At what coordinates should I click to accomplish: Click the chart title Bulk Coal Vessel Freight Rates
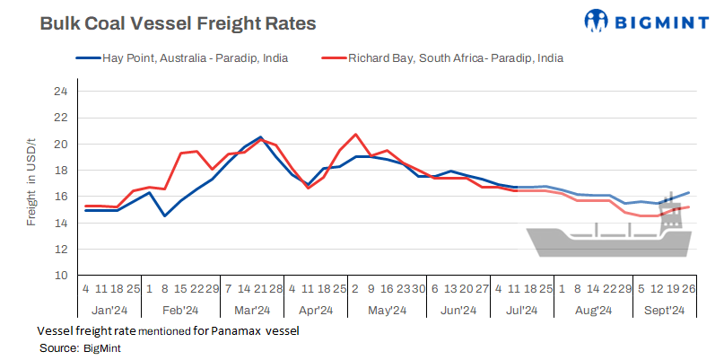point(178,24)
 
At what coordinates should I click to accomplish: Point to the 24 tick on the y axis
point(61,92)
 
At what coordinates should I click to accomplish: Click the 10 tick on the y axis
point(61,276)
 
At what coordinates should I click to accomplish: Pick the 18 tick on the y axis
point(61,171)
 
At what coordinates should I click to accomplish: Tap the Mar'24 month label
point(252,311)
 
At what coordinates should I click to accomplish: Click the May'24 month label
point(388,311)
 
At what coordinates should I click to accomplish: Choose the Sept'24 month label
point(665,311)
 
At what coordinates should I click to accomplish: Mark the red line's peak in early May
point(356,135)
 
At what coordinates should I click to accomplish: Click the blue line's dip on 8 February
point(164,215)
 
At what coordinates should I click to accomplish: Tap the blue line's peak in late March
point(260,137)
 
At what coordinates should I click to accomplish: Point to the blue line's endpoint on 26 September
point(688,193)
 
